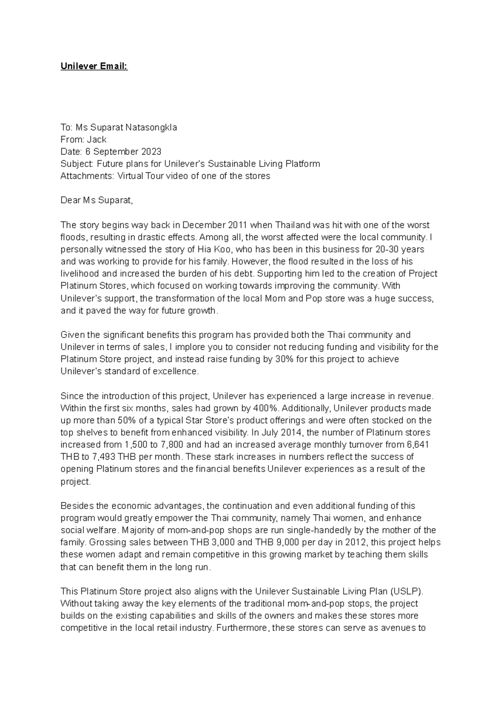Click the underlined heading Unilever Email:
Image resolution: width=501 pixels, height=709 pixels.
tap(94, 66)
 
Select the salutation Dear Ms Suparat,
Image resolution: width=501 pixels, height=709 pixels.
tap(96, 200)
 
